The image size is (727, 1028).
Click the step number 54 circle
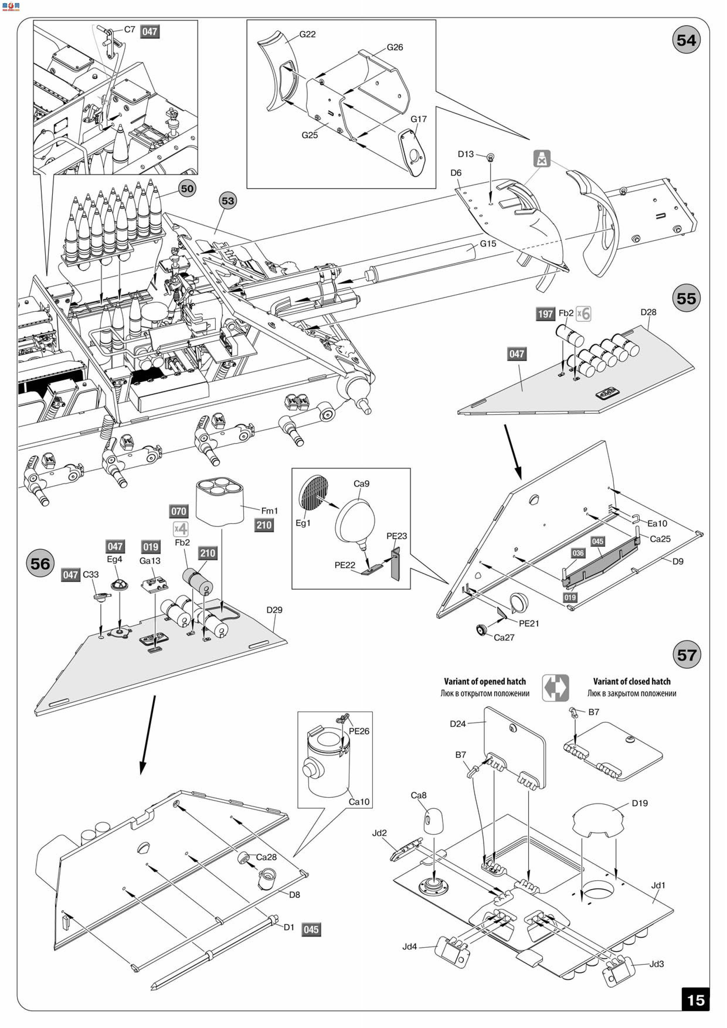pyautogui.click(x=686, y=40)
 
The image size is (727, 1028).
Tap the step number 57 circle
pyautogui.click(x=686, y=655)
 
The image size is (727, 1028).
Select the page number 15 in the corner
pyautogui.click(x=695, y=1000)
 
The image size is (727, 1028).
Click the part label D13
pyautogui.click(x=466, y=154)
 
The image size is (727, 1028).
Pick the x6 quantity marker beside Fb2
pyautogui.click(x=583, y=314)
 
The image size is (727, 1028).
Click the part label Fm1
pyautogui.click(x=270, y=510)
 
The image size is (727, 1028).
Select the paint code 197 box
pyautogui.click(x=545, y=314)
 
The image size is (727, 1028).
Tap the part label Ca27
pyautogui.click(x=504, y=637)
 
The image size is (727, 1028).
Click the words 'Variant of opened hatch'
pyautogui.click(x=485, y=681)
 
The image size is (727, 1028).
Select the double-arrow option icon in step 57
pyautogui.click(x=556, y=688)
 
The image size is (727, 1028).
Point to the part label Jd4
pyautogui.click(x=410, y=947)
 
